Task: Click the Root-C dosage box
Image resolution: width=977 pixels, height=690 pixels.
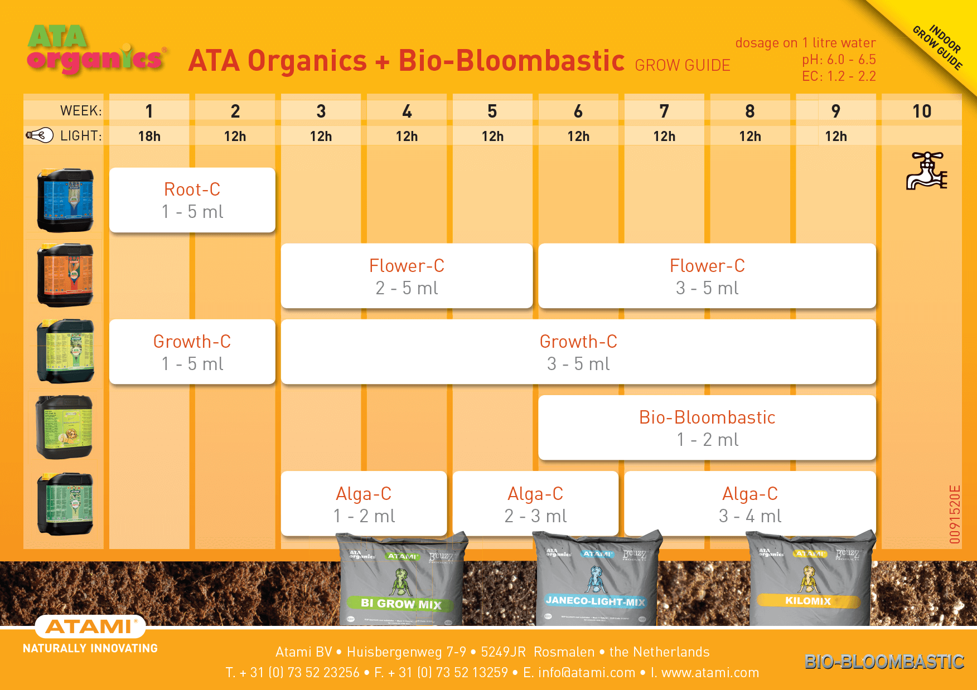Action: pos(192,200)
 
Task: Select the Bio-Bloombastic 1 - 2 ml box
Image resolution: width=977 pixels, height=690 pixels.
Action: pos(707,428)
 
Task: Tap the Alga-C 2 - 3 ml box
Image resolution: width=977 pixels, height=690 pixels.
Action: pos(535,504)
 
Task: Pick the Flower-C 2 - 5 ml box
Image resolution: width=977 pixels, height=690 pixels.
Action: pos(407,276)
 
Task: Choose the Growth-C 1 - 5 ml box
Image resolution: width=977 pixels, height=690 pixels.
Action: pos(192,352)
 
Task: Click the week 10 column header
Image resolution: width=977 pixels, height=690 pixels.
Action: pos(922,111)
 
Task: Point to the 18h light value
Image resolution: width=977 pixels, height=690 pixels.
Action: pos(149,136)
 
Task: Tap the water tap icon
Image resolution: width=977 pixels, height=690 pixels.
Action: pos(926,171)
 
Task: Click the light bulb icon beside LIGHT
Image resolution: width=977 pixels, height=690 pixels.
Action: pos(40,135)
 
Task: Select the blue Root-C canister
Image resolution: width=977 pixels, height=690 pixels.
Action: pos(65,200)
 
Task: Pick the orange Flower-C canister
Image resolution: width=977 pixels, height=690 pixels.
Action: pos(65,275)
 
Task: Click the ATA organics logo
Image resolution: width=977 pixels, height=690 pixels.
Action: pos(95,50)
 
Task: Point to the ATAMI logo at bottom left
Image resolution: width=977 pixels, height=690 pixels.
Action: pos(90,626)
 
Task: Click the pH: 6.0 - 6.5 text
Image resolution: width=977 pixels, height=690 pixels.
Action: pos(839,60)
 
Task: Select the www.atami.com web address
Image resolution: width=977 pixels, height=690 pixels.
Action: pos(710,673)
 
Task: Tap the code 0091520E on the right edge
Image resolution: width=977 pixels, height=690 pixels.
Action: pos(955,514)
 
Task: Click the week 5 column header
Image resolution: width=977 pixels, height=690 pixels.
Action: pos(492,111)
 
